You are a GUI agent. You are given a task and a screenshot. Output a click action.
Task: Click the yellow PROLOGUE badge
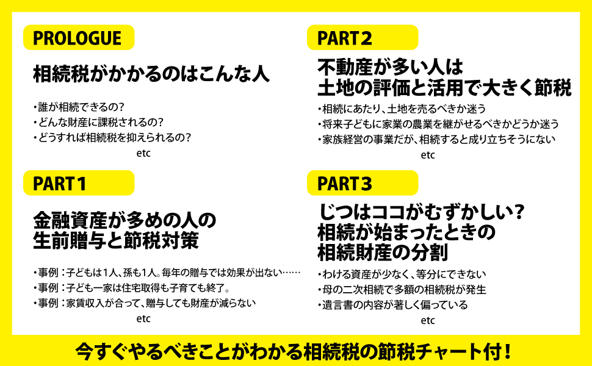coord(78,38)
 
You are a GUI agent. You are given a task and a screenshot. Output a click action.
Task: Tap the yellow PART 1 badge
coord(78,183)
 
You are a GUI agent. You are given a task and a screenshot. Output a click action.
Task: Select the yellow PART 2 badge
coord(362,38)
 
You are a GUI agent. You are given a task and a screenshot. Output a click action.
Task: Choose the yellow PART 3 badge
coord(362,183)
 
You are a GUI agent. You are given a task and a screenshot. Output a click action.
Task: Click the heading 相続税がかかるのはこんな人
coord(151,75)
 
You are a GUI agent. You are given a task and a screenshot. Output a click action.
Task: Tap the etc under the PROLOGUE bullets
coord(143,154)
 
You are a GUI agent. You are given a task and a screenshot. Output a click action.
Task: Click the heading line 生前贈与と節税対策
coord(116,240)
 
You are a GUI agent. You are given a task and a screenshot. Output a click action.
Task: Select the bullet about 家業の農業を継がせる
coord(438,124)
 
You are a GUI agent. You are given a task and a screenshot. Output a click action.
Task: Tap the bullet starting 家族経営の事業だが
coord(436,140)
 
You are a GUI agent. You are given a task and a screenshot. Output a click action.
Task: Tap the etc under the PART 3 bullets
coord(428,320)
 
